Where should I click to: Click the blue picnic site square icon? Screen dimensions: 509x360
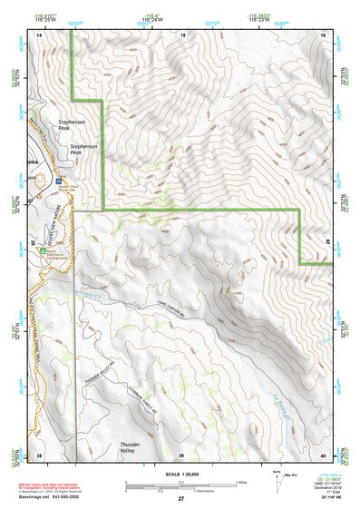click(60, 180)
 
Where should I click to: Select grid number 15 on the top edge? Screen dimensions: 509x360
click(182, 34)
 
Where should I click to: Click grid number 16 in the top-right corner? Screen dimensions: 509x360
click(325, 34)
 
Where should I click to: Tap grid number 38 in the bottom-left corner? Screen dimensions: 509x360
click(39, 455)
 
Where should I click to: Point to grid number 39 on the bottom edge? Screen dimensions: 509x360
click(181, 455)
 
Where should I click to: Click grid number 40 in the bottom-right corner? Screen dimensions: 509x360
click(324, 455)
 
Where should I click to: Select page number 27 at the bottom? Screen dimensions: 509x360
click(180, 500)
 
